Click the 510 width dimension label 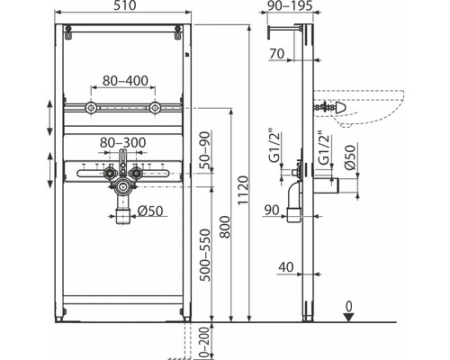(x=124, y=5)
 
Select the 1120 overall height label (x=243, y=190)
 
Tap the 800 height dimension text (x=225, y=227)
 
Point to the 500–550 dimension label (x=205, y=255)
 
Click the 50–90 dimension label (x=205, y=150)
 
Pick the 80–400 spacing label (x=125, y=81)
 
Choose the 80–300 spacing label (x=122, y=143)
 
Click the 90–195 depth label (x=290, y=5)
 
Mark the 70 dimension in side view (x=276, y=54)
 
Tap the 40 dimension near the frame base (x=285, y=267)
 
